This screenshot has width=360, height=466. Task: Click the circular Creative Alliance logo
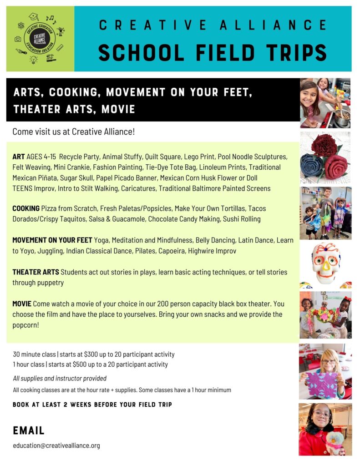(40, 39)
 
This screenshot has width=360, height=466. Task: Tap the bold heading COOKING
(26, 208)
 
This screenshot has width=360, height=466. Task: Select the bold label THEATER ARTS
(35, 272)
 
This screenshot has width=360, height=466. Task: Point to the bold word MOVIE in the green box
(22, 304)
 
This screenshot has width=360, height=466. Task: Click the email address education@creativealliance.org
(56, 446)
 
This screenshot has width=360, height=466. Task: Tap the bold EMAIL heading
(29, 431)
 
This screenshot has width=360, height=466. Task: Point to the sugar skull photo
(325, 265)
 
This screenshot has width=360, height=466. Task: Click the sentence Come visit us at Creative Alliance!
(73, 132)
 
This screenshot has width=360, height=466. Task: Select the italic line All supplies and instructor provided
(60, 379)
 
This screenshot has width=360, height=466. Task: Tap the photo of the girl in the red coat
(325, 429)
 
